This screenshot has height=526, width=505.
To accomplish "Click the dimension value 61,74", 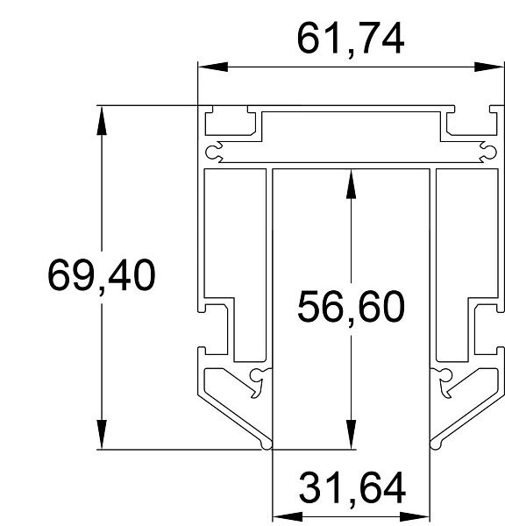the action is click(351, 39).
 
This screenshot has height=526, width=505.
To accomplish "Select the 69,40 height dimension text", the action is click(102, 276).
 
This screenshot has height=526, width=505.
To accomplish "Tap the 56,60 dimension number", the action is click(351, 308).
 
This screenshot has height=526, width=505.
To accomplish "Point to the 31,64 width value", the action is click(352, 488).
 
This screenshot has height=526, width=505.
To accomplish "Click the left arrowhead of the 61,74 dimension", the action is click(213, 67).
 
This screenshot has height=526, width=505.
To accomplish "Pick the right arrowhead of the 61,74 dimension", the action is click(489, 67).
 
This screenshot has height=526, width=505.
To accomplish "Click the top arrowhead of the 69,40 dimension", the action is click(102, 120).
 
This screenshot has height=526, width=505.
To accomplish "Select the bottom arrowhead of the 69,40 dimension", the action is click(102, 434).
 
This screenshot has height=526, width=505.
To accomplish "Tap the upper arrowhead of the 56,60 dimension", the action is click(351, 184).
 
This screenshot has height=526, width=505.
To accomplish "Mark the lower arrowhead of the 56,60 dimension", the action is click(351, 434).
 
